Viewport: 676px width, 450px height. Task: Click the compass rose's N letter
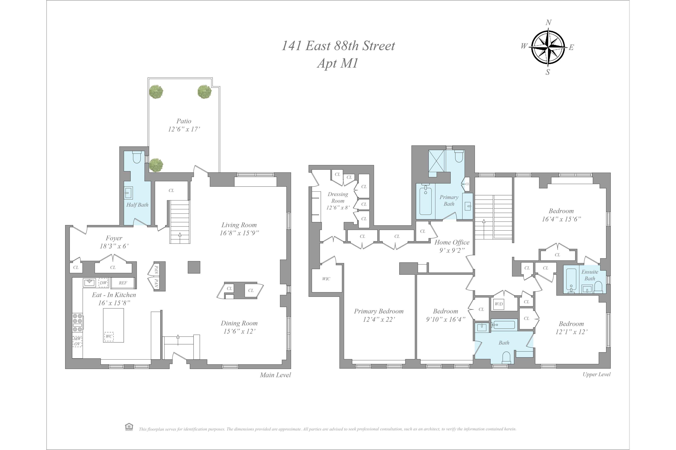pyautogui.click(x=548, y=22)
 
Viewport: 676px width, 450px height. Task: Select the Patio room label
pyautogui.click(x=184, y=121)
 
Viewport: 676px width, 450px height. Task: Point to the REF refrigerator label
pyautogui.click(x=123, y=283)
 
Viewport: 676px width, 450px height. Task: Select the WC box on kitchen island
pyautogui.click(x=109, y=336)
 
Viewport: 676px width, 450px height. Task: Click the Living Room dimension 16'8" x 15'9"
pyautogui.click(x=239, y=233)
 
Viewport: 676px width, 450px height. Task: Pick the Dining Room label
pyautogui.click(x=239, y=323)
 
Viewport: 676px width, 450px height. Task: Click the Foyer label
pyautogui.click(x=114, y=238)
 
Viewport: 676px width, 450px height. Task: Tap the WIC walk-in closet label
pyautogui.click(x=326, y=279)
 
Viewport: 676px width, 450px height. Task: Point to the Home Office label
pyautogui.click(x=452, y=242)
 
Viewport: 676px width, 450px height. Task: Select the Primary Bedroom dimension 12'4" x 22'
pyautogui.click(x=379, y=319)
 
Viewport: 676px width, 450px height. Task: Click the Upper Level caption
pyautogui.click(x=596, y=374)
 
